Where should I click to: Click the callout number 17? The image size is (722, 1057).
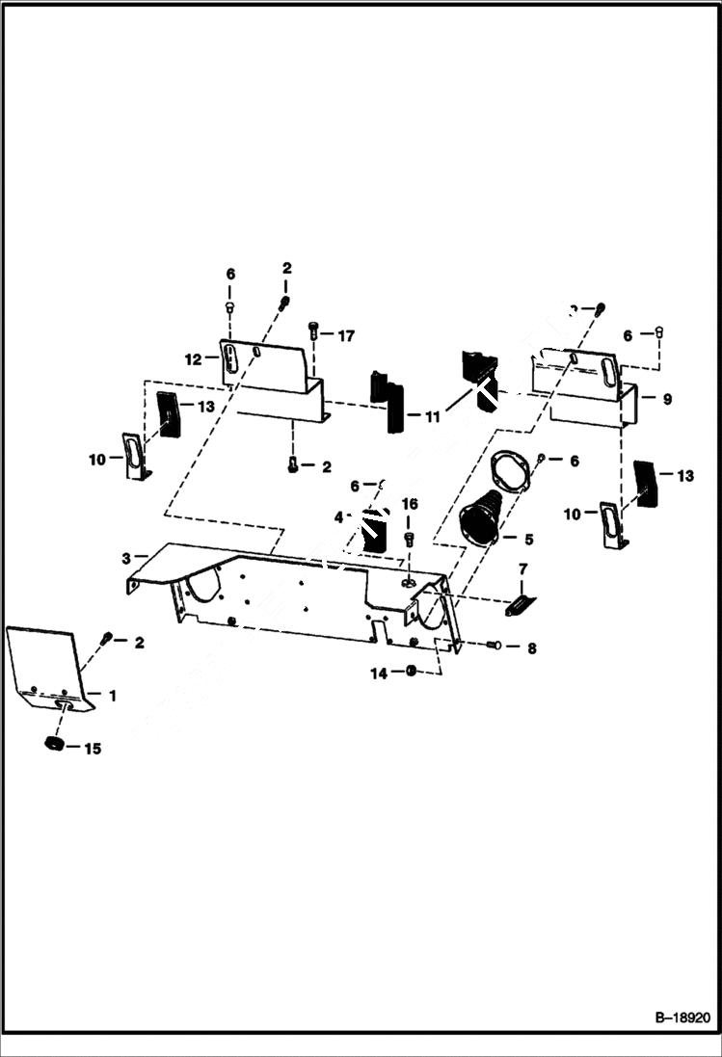(345, 335)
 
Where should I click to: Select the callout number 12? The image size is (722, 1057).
(193, 358)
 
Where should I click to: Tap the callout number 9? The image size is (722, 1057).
(667, 397)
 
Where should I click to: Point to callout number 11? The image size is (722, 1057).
(433, 416)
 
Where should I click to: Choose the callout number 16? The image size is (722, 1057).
(410, 504)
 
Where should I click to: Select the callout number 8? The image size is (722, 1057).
(530, 647)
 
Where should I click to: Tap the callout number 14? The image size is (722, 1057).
(379, 674)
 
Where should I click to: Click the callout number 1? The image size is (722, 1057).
(112, 694)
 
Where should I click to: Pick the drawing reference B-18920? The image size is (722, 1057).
(682, 1017)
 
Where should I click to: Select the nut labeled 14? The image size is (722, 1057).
(412, 671)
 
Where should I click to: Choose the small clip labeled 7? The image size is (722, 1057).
(519, 605)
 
